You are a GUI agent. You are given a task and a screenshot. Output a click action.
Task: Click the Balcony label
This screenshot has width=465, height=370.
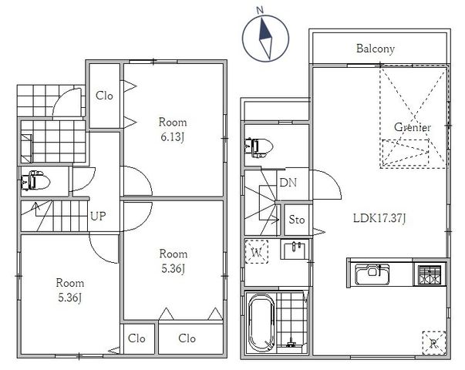[x=375, y=49]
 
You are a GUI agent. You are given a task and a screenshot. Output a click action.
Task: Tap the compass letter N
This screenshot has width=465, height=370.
[x=260, y=11]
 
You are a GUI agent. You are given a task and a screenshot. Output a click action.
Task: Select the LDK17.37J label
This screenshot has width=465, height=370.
[x=379, y=218]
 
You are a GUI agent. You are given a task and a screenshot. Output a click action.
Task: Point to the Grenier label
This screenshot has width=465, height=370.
[x=413, y=127]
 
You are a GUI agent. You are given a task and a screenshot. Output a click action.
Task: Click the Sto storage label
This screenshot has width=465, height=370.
[x=297, y=220]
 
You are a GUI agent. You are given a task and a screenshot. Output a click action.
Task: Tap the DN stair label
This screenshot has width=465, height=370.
[x=288, y=183]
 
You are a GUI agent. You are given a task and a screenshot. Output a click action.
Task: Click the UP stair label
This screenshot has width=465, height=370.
[x=98, y=216]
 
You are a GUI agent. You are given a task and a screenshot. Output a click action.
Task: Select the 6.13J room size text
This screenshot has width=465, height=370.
[x=173, y=137]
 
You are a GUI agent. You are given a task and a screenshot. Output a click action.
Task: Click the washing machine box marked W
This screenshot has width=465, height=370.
[x=257, y=252]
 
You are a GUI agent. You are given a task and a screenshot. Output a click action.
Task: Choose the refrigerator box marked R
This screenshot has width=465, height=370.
[x=434, y=343]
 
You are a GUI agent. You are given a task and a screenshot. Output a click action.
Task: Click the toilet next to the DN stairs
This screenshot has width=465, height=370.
[x=258, y=147]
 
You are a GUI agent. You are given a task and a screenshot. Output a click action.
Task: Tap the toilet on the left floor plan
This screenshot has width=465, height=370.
[x=35, y=180]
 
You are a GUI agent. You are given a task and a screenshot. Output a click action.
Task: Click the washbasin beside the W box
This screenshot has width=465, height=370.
[x=295, y=249]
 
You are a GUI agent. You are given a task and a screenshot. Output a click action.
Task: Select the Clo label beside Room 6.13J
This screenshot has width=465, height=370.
[x=104, y=96]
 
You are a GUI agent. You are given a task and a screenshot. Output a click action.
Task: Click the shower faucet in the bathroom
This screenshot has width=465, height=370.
[x=291, y=343]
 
